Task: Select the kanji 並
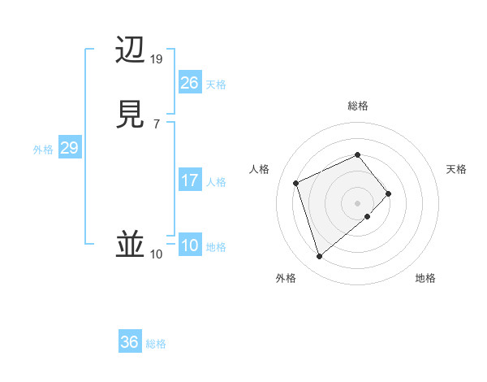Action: [x=131, y=245]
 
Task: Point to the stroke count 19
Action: [x=157, y=59]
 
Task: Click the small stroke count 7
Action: [x=156, y=124]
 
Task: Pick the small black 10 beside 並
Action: [x=156, y=254]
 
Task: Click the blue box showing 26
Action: [x=189, y=83]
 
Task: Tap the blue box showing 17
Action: [x=189, y=180]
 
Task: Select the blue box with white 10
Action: [x=189, y=245]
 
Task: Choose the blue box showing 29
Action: [x=69, y=148]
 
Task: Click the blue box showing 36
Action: [x=129, y=342]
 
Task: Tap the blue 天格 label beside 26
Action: [x=216, y=85]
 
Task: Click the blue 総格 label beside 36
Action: [x=156, y=344]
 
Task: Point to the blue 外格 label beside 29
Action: [x=43, y=150]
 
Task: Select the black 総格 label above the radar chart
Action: [x=357, y=106]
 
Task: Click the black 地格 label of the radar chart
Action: [x=425, y=278]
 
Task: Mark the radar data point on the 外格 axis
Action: [x=319, y=257]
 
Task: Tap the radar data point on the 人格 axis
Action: [x=296, y=182]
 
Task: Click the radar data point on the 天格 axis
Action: [x=389, y=193]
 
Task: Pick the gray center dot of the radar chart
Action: [x=357, y=202]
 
